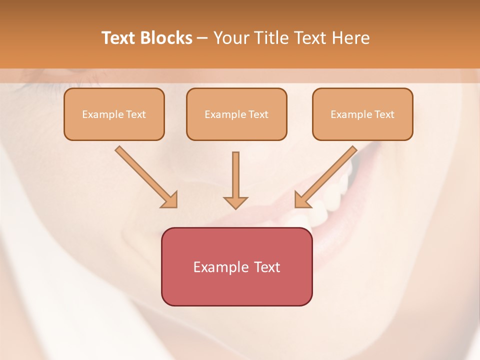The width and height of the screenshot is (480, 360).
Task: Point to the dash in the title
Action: pyautogui.click(x=202, y=38)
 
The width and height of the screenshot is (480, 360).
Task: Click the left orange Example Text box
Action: pyautogui.click(x=114, y=114)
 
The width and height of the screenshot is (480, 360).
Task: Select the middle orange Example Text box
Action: pyautogui.click(x=236, y=114)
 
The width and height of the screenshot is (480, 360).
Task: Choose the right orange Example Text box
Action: pyautogui.click(x=362, y=114)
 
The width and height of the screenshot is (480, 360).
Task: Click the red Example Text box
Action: pyautogui.click(x=236, y=266)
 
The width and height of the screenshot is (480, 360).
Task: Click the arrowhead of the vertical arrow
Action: pyautogui.click(x=235, y=202)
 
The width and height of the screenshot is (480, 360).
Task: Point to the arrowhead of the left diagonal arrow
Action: pyautogui.click(x=170, y=200)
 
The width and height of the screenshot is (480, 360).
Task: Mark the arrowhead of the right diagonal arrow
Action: pyautogui.click(x=301, y=200)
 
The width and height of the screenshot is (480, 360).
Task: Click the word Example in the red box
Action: pyautogui.click(x=217, y=267)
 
